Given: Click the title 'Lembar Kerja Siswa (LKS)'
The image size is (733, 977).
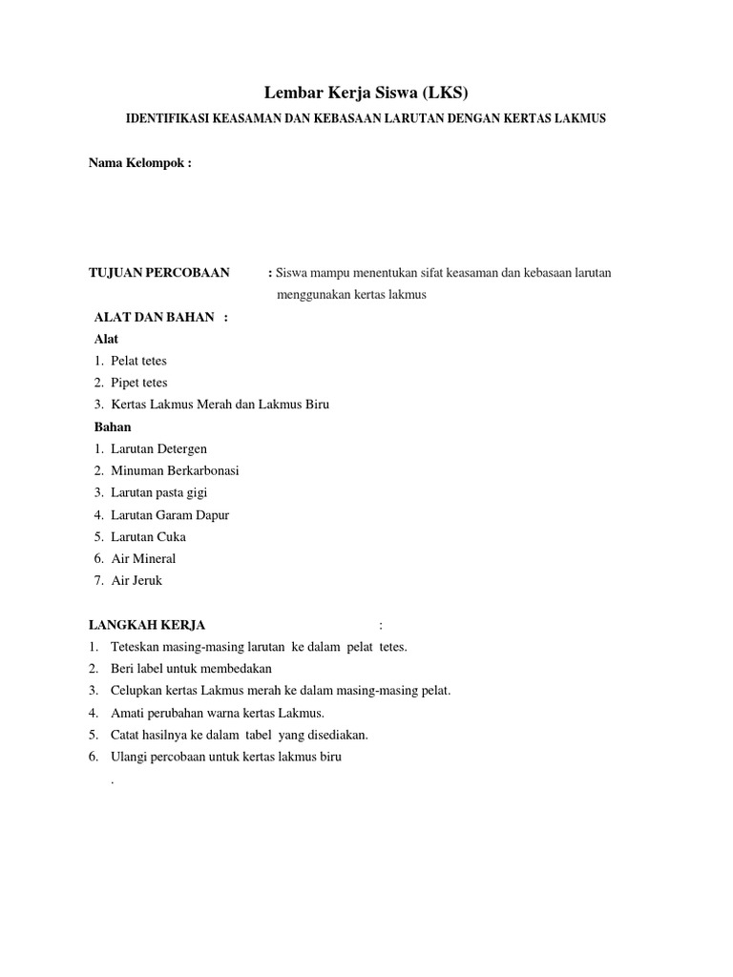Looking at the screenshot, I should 366,93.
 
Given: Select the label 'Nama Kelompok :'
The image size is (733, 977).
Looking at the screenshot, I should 140,162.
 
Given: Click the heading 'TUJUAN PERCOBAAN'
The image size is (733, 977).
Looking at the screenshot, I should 159,273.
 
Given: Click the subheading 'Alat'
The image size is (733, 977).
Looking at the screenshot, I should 107,339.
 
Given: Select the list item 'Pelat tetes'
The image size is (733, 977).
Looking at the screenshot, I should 138,361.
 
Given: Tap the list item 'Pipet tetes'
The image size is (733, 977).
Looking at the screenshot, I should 139,383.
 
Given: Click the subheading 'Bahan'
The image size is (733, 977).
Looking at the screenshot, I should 113,426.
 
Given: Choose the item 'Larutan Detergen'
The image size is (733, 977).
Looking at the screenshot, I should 158,448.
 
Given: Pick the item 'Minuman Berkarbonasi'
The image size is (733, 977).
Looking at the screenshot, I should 175,470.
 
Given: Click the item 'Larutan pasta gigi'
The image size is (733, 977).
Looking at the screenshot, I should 158,492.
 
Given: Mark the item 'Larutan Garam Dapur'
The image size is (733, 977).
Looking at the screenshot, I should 170,515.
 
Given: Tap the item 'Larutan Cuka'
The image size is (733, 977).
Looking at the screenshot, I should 148,536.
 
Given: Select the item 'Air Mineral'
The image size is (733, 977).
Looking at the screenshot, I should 143,558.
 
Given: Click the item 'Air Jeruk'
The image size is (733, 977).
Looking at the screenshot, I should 137,580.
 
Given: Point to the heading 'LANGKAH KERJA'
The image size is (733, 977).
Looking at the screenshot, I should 147,625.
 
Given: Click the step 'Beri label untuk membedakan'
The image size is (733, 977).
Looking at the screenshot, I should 191,669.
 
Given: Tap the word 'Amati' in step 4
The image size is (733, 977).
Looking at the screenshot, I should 127,713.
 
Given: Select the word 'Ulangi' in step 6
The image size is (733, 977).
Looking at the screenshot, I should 128,757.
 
